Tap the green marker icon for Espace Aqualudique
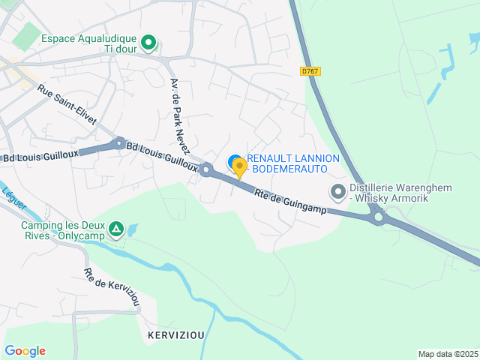pyautogui.click(x=148, y=42)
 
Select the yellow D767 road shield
pyautogui.click(x=310, y=71)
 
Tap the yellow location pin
pyautogui.click(x=240, y=167)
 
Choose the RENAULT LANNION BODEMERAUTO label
pyautogui.click(x=292, y=164)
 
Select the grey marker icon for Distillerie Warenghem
pyautogui.click(x=337, y=192)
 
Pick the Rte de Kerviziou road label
pyautogui.click(x=112, y=287)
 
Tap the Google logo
pyautogui.click(x=25, y=351)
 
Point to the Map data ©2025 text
pyautogui.click(x=447, y=354)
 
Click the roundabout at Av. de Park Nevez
pyautogui.click(x=206, y=169)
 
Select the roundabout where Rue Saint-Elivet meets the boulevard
pyautogui.click(x=118, y=142)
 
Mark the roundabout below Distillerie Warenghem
pyautogui.click(x=379, y=218)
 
